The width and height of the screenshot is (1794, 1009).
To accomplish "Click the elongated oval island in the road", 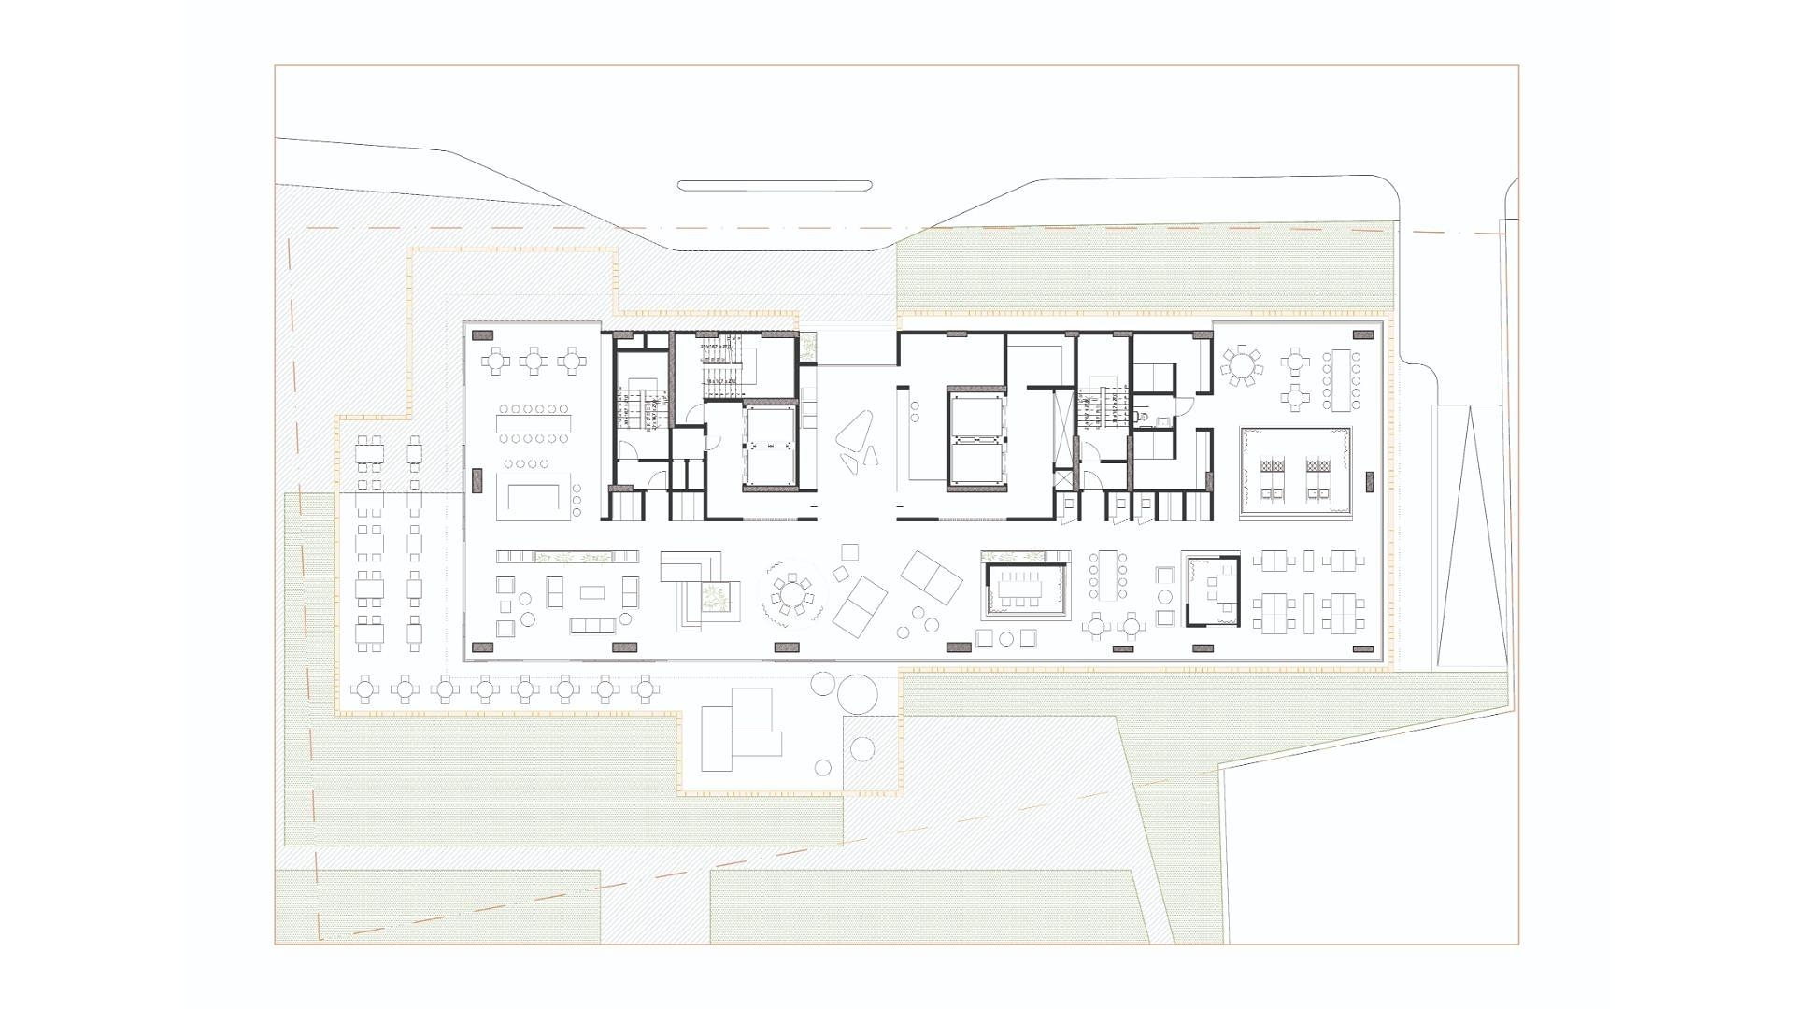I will (x=775, y=185).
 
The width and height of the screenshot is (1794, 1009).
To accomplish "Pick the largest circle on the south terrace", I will (x=857, y=693).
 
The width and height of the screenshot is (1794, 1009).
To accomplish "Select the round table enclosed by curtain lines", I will (x=790, y=594).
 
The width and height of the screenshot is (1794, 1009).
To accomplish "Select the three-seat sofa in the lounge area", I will (x=591, y=624).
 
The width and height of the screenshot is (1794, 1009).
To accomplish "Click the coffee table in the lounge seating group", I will (x=592, y=591).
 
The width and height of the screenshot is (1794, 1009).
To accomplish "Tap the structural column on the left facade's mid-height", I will (x=476, y=480).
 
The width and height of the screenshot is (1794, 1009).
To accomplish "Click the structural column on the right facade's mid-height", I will (x=1370, y=482).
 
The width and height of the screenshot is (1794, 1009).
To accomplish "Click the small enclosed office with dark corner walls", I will (x=1213, y=589).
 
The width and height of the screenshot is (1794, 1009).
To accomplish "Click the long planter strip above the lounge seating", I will (x=568, y=558).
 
